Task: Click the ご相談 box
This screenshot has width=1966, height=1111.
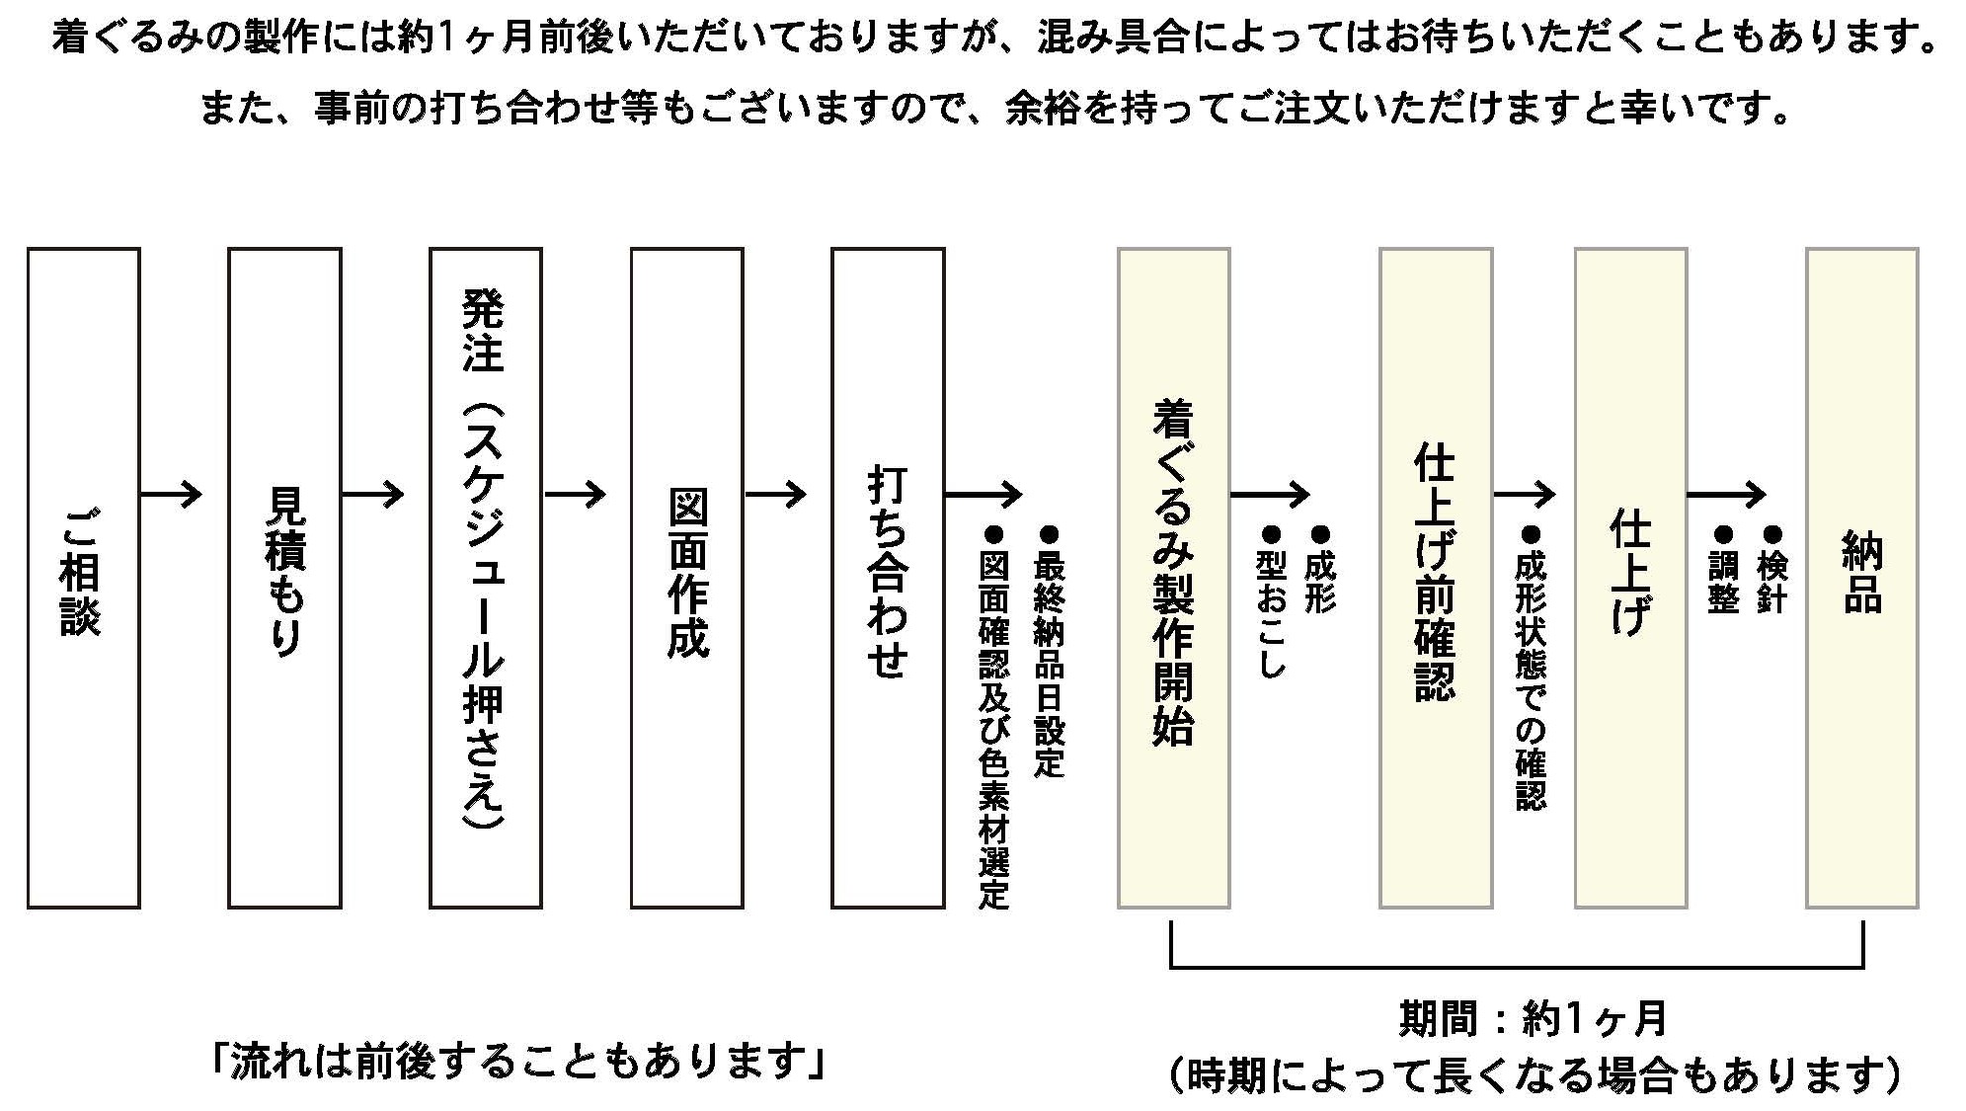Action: click(83, 578)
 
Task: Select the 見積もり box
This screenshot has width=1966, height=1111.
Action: click(284, 578)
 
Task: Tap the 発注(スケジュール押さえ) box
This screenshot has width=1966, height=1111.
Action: click(485, 578)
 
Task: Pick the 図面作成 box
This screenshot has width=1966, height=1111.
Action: click(686, 578)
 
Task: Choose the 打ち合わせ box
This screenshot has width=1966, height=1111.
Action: click(888, 578)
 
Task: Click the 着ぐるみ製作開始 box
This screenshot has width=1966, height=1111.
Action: click(1173, 578)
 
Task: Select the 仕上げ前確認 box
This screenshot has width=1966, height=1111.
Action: click(1435, 578)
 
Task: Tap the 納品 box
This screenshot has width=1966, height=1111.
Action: click(1861, 578)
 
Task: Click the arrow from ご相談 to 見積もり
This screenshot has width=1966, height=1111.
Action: click(172, 494)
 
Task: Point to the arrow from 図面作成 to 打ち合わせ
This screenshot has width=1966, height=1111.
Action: click(775, 494)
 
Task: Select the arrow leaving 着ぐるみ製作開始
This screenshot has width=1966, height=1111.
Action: click(1269, 494)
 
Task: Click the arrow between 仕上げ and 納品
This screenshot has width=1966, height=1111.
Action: click(1725, 494)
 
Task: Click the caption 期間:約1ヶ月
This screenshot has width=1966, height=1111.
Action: click(1533, 1019)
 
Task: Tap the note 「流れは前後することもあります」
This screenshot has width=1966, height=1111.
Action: click(517, 1062)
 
